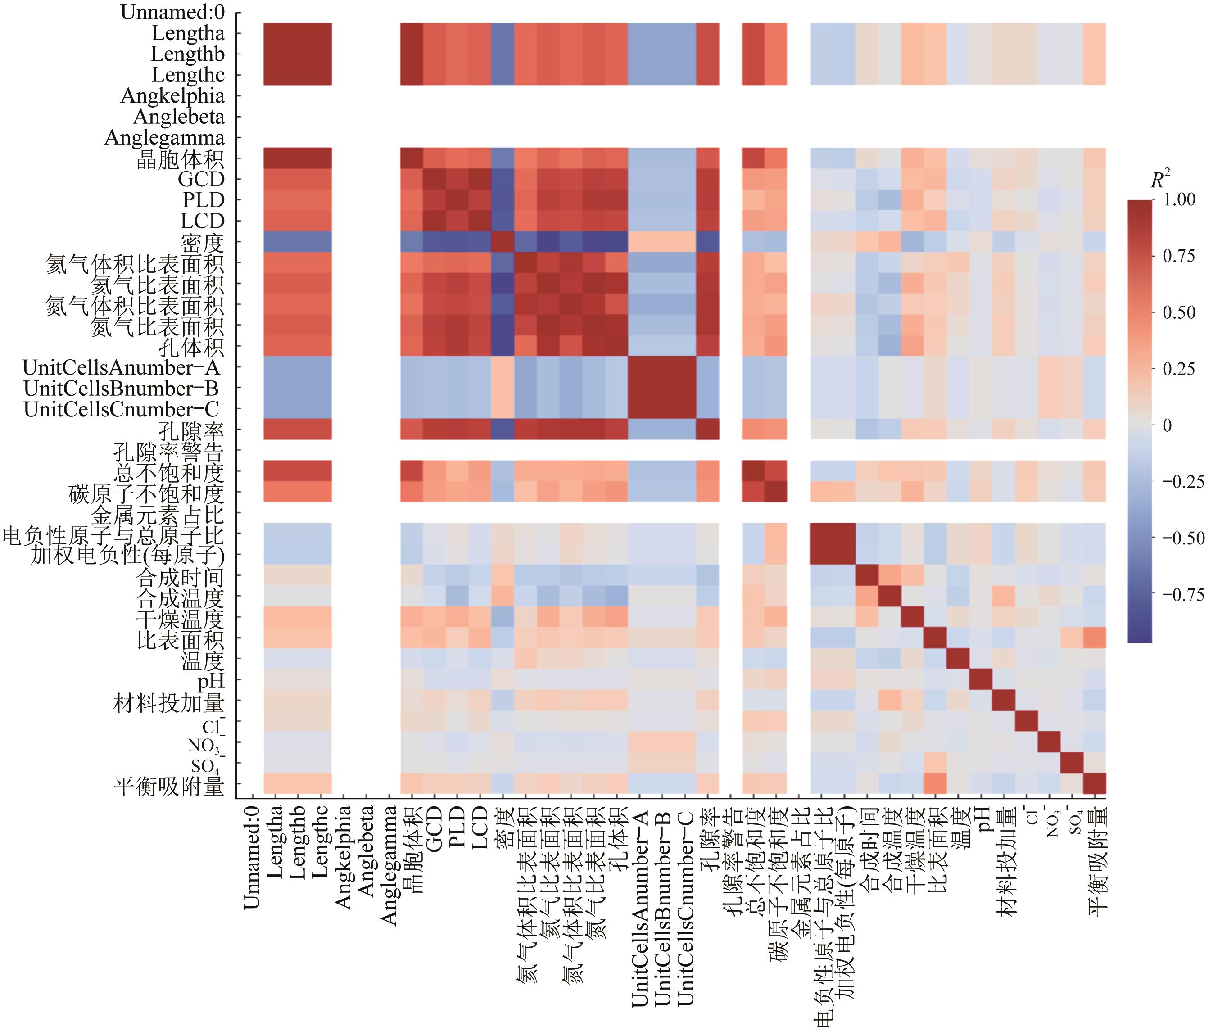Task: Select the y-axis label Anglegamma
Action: tap(164, 138)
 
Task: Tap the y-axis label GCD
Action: tap(201, 179)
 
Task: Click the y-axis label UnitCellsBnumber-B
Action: tap(122, 389)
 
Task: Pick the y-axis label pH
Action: tap(211, 681)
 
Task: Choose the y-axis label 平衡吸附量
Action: tap(169, 786)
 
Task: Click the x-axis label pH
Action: tap(981, 814)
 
